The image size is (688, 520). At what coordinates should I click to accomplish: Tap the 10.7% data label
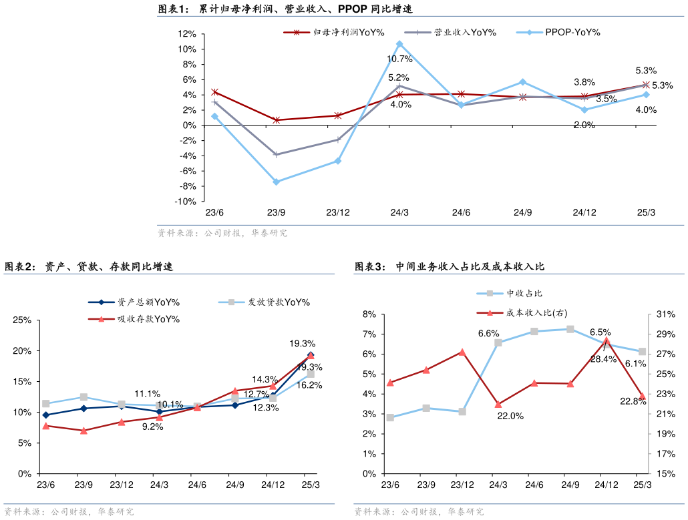pyautogui.click(x=399, y=59)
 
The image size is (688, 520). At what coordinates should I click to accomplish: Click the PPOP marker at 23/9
pyautogui.click(x=276, y=182)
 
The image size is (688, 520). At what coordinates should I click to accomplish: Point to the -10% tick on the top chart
pyautogui.click(x=186, y=202)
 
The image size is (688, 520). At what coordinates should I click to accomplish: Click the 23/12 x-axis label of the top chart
pyautogui.click(x=337, y=213)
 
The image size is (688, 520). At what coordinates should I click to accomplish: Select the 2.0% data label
pyautogui.click(x=584, y=125)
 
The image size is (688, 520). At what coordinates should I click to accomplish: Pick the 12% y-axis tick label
pyautogui.click(x=187, y=34)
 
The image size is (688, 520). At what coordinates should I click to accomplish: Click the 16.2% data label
pyautogui.click(x=309, y=385)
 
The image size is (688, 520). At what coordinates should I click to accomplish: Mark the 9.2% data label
pyautogui.click(x=153, y=427)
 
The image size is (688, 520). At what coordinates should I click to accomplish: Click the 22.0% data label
pyautogui.click(x=510, y=416)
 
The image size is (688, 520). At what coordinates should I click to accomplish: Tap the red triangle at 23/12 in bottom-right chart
pyautogui.click(x=462, y=352)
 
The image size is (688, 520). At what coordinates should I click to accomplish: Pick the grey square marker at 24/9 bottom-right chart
pyautogui.click(x=570, y=329)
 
